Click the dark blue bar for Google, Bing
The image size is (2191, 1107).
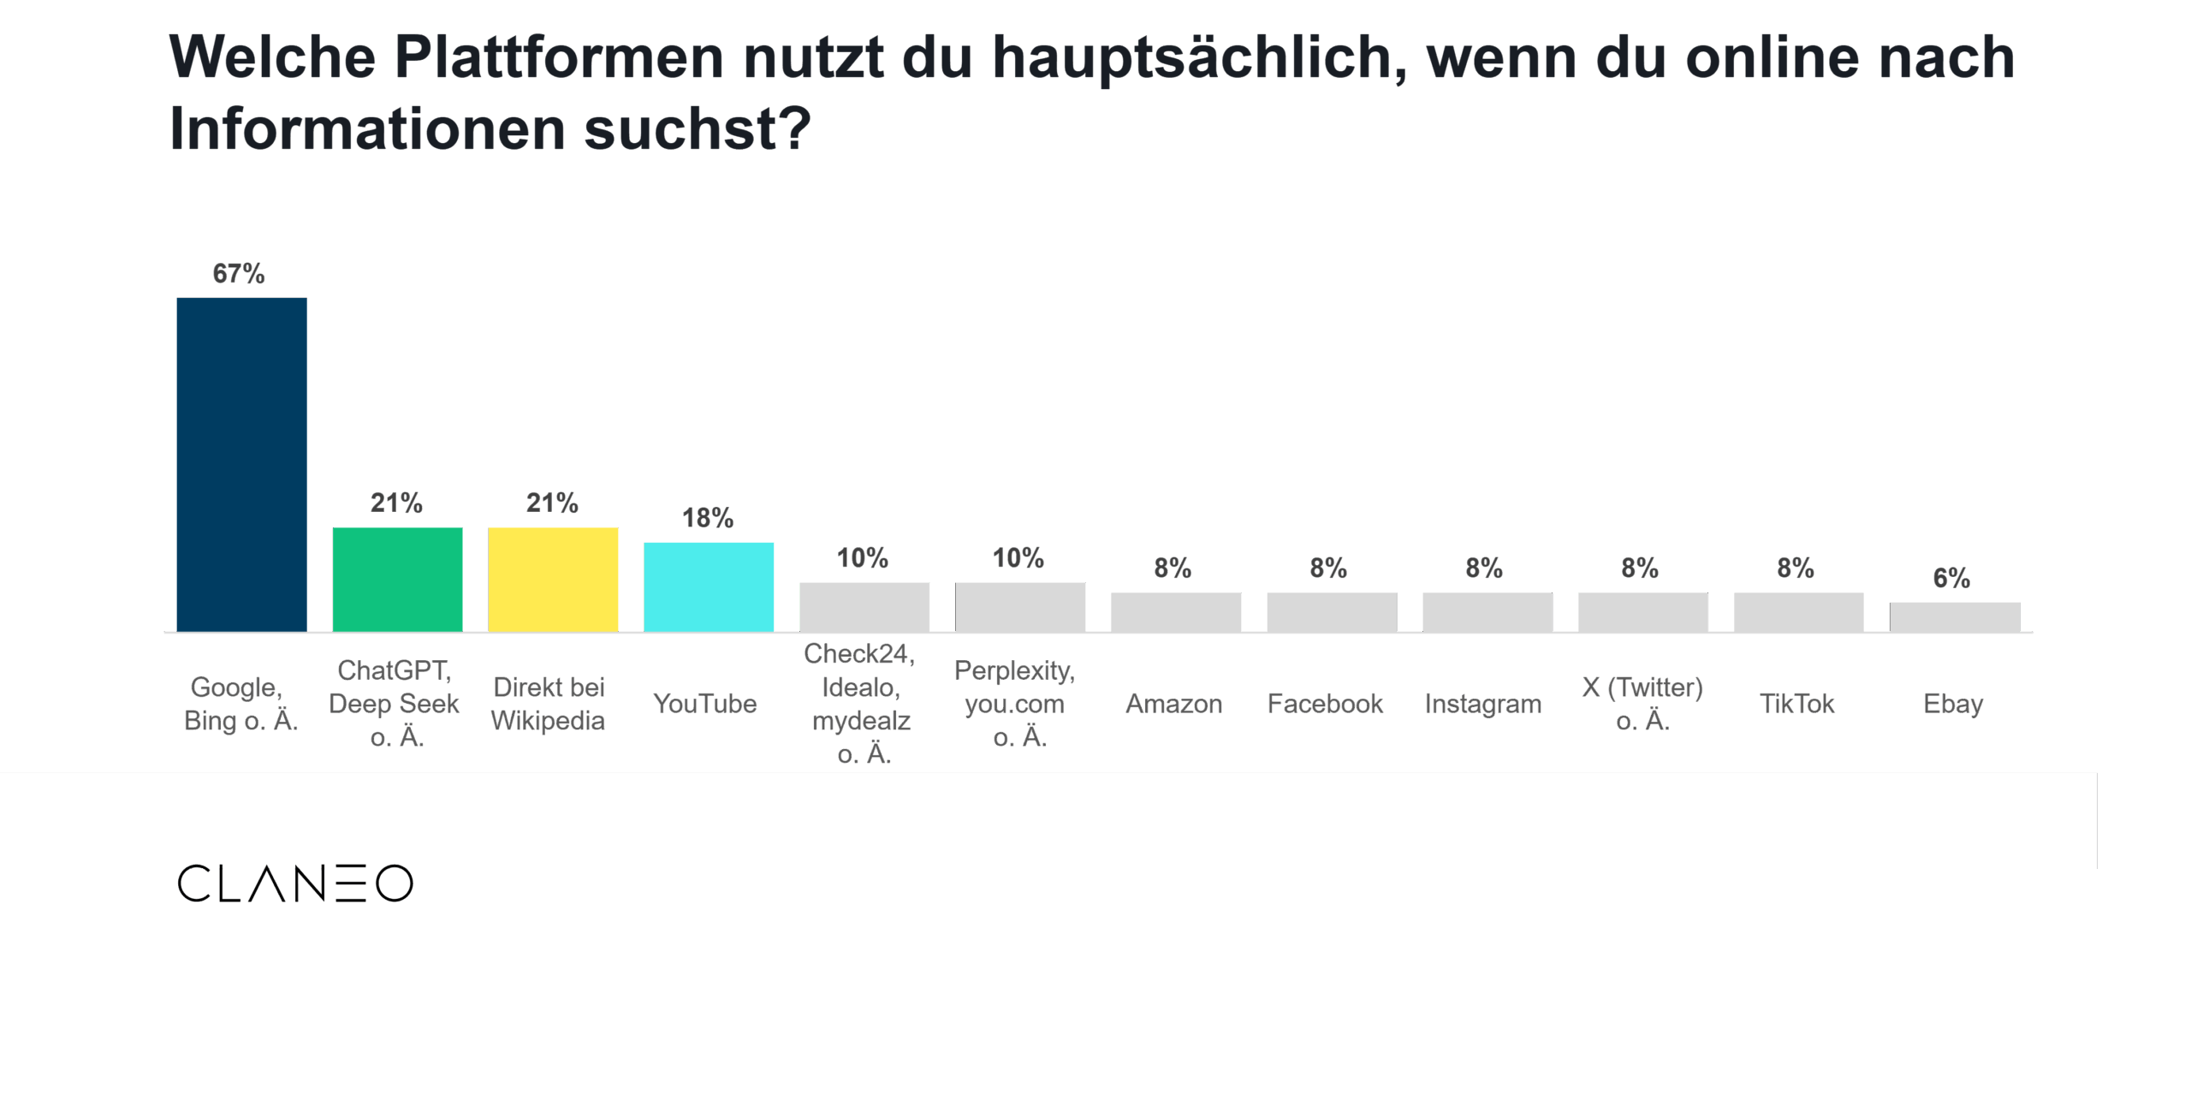[241, 464]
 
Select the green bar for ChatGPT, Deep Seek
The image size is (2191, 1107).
[397, 580]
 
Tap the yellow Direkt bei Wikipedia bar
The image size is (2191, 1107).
[553, 580]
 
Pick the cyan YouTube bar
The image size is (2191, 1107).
[709, 586]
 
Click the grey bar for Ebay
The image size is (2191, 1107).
[1954, 616]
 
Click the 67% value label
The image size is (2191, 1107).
[239, 273]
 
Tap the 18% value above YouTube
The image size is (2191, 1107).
[708, 517]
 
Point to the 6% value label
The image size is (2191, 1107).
[1951, 578]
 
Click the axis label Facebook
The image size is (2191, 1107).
[1325, 704]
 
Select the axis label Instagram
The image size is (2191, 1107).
[1483, 704]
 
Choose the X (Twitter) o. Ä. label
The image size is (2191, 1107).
[1642, 704]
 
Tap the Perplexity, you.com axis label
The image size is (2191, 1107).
[1015, 704]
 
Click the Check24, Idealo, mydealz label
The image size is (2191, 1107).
[860, 704]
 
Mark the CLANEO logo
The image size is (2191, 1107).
[295, 883]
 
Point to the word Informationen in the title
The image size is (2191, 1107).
[368, 129]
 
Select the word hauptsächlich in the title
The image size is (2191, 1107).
[1198, 57]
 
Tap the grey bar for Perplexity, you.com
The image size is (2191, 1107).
[1020, 606]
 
